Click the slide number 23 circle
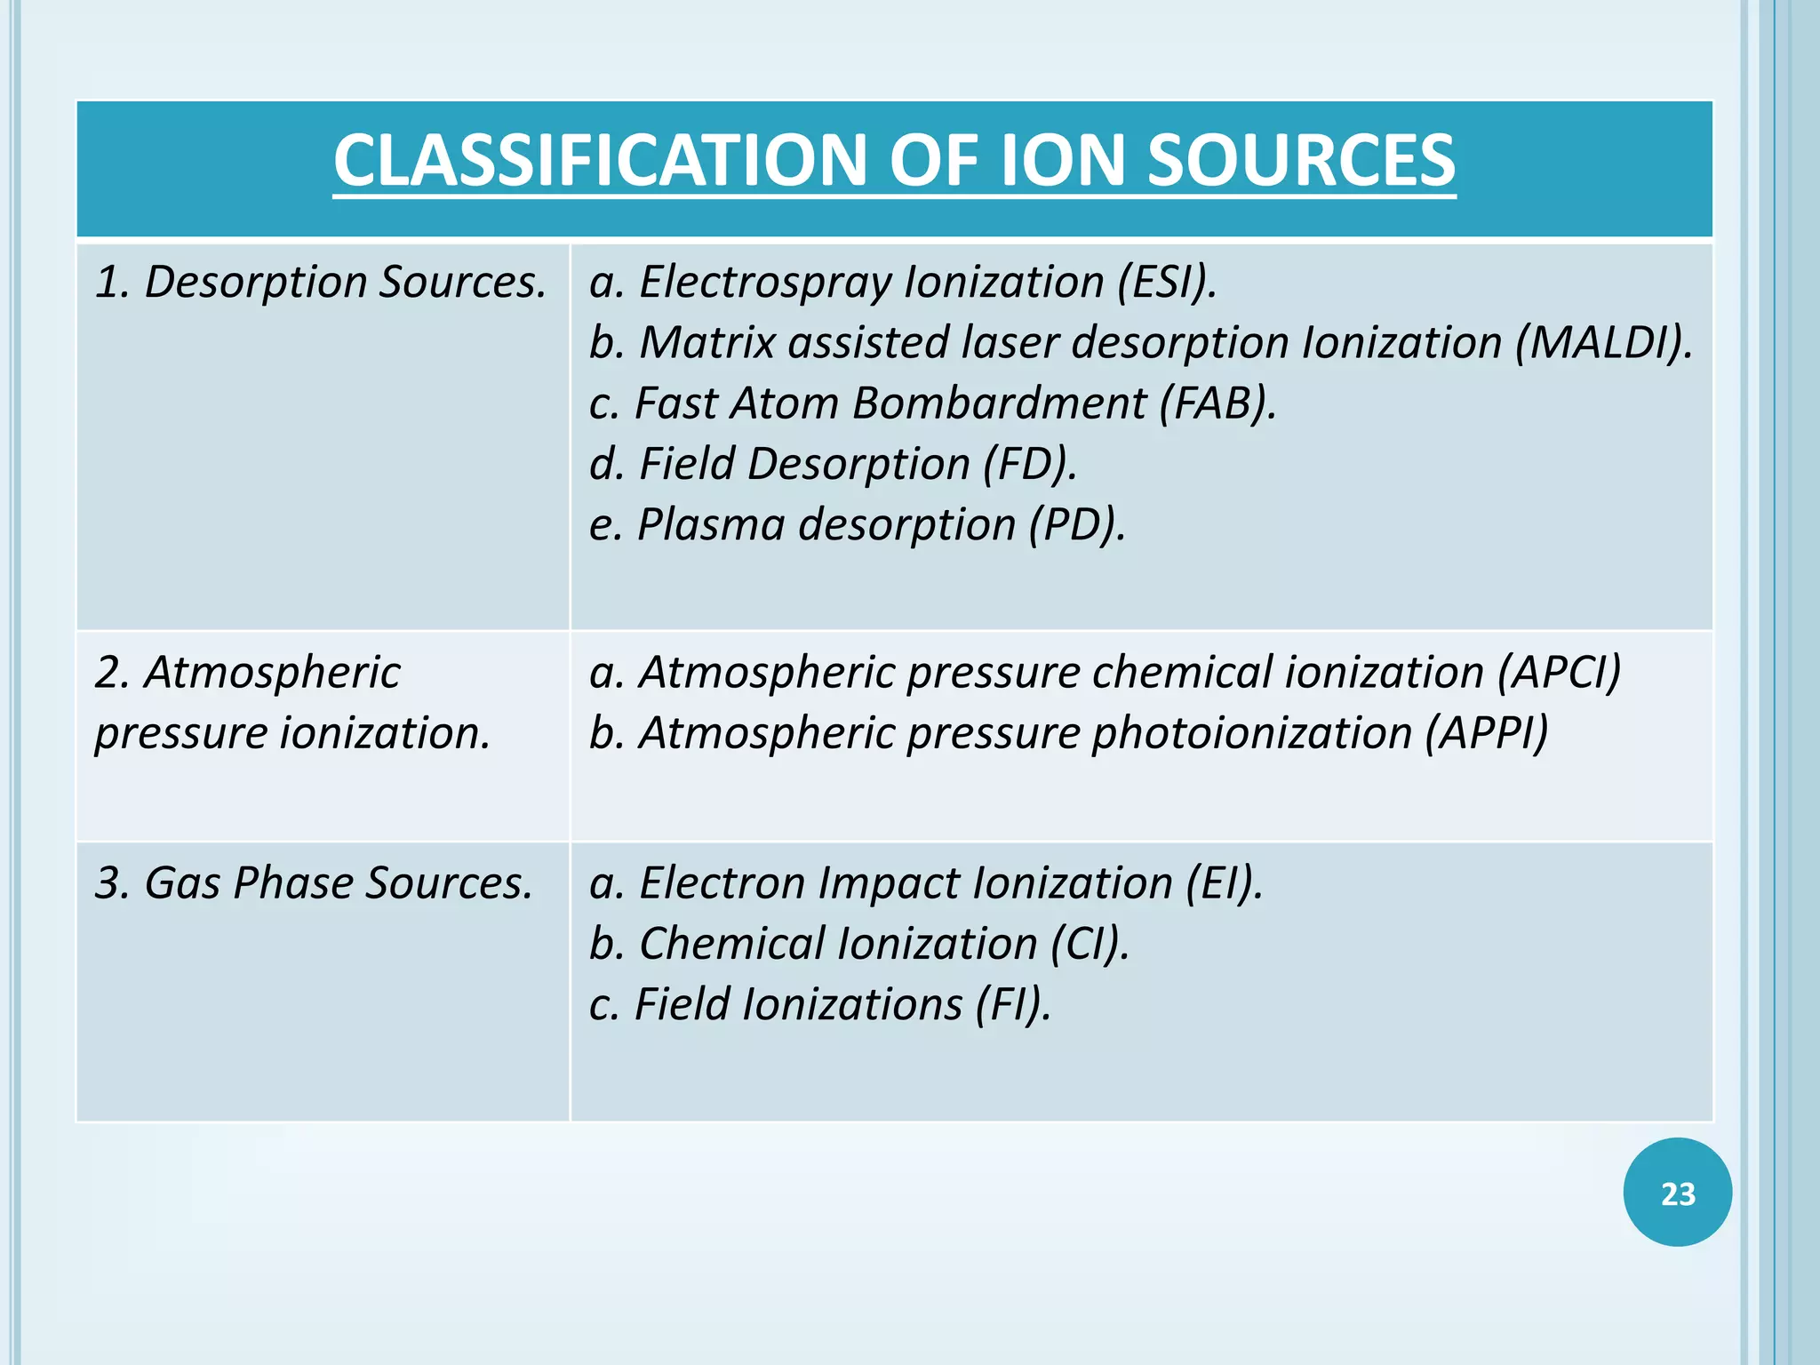coord(1677,1193)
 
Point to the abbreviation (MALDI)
coord(1603,343)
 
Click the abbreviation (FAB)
coord(1217,403)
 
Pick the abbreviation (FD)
coord(1030,464)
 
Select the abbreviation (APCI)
coord(1559,672)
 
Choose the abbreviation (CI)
coord(1090,944)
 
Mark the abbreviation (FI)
coord(1013,1004)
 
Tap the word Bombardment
coord(999,403)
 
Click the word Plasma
coord(711,524)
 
